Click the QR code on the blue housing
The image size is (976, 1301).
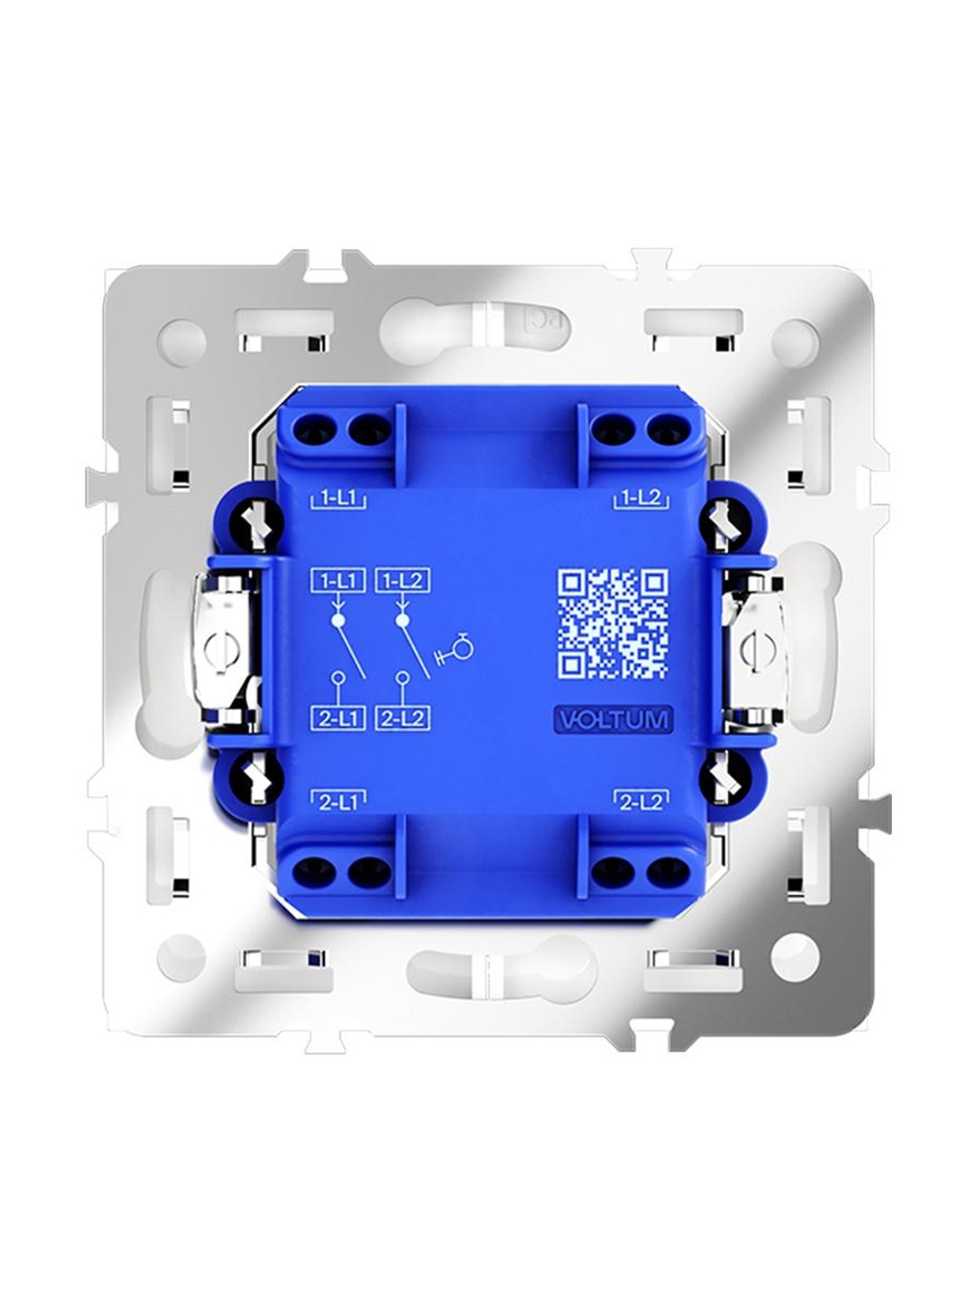pyautogui.click(x=613, y=623)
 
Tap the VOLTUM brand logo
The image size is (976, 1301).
pyautogui.click(x=613, y=719)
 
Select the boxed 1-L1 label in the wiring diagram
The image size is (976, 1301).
pyautogui.click(x=337, y=581)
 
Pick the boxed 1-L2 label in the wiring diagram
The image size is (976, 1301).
pyautogui.click(x=402, y=581)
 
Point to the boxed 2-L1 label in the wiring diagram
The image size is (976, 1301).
pyautogui.click(x=337, y=718)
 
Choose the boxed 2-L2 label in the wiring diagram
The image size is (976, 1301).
pyautogui.click(x=402, y=718)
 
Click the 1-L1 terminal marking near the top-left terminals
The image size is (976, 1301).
pyautogui.click(x=339, y=499)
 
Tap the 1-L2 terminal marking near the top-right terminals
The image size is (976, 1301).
pyautogui.click(x=641, y=499)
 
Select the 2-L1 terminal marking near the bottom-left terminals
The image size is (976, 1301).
pyautogui.click(x=339, y=802)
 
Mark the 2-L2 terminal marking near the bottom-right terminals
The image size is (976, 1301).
pyautogui.click(x=641, y=802)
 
